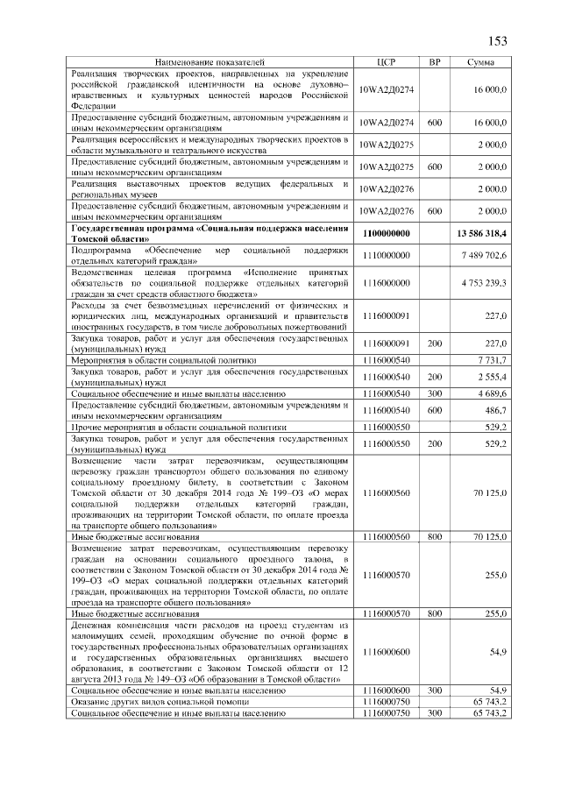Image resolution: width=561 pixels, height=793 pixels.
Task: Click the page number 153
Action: [497, 41]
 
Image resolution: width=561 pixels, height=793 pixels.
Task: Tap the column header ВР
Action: [434, 63]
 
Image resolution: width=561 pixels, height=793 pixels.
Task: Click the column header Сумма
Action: [479, 63]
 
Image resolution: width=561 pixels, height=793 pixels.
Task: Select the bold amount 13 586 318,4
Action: [481, 233]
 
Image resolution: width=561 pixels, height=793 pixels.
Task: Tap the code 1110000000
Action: [387, 255]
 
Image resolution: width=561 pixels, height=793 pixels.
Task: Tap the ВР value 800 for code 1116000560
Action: [434, 535]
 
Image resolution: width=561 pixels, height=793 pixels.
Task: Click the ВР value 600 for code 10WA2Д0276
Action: [434, 211]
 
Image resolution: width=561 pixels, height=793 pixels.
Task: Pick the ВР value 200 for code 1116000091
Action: [434, 343]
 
